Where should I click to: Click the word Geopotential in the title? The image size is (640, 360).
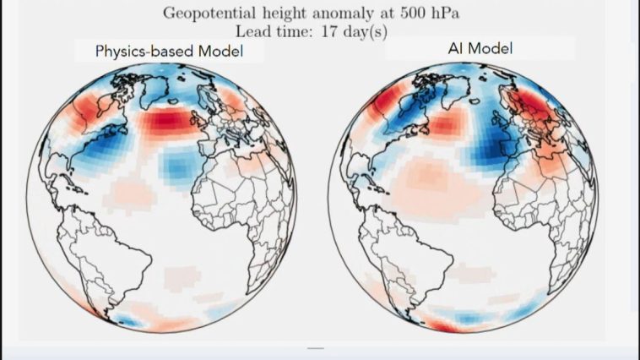(x=209, y=14)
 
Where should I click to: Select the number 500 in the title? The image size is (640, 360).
(x=413, y=13)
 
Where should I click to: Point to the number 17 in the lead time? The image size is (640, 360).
(x=329, y=31)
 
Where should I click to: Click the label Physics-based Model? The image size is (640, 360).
(x=169, y=51)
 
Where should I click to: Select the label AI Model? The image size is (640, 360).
(x=480, y=49)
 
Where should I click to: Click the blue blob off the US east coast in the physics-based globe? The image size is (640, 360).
(x=104, y=148)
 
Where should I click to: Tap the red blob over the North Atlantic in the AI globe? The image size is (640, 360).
(x=447, y=122)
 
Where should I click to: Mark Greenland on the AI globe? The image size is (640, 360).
(x=456, y=89)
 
